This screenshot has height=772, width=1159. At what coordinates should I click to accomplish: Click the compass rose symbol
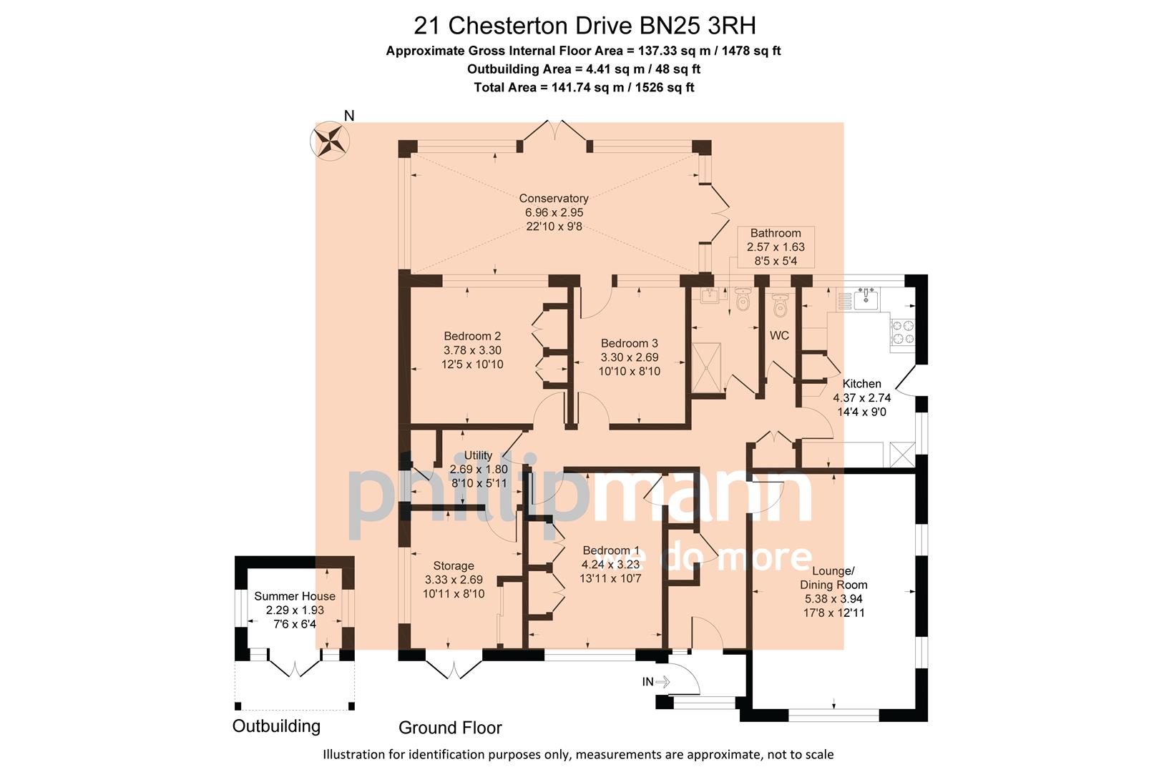click(329, 140)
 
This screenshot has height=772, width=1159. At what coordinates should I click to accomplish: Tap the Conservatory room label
click(554, 199)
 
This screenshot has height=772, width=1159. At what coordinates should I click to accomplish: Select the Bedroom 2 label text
click(472, 336)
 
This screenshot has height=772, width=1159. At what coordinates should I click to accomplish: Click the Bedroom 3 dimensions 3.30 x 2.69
click(630, 357)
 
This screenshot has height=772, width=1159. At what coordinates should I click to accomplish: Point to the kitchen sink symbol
click(865, 299)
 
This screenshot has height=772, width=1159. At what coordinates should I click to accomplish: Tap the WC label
click(779, 335)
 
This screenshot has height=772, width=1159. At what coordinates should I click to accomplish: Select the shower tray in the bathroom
click(707, 367)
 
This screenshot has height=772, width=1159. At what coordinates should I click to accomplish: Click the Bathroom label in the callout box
click(776, 233)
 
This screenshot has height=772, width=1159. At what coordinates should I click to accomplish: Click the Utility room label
click(478, 455)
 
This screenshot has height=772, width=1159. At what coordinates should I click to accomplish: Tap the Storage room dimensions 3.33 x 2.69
click(454, 580)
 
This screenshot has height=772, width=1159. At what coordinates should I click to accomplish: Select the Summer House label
click(295, 596)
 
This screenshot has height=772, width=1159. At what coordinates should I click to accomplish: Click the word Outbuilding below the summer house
click(276, 726)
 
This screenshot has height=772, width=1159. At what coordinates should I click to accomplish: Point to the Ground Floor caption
click(450, 728)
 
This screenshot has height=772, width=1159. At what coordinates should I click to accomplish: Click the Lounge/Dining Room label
click(833, 578)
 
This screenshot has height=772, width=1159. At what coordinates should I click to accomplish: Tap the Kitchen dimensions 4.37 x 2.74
click(861, 398)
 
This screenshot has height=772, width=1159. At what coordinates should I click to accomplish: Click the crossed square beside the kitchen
click(902, 455)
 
